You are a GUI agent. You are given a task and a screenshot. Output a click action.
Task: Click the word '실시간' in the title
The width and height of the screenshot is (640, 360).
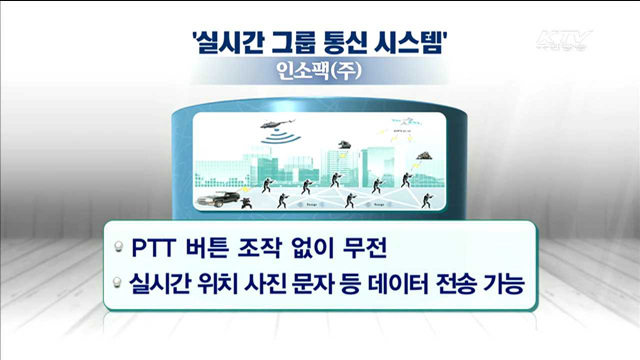230,44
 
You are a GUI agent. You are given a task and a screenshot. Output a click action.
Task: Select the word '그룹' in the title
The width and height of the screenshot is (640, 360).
303,44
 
